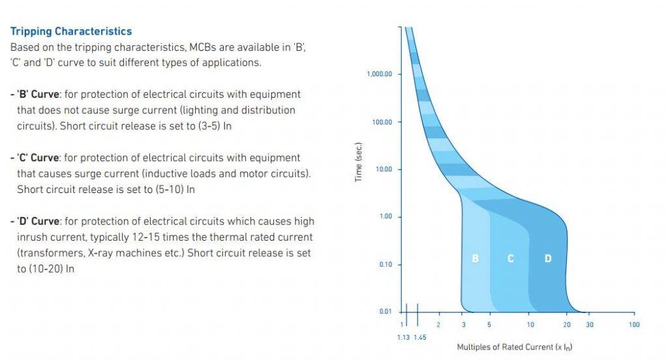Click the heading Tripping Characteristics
coord(71,31)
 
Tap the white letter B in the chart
coord(475,259)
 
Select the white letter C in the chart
coord(511,259)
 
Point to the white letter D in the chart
coord(548,259)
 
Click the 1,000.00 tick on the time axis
coord(380,74)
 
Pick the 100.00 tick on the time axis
coord(382,122)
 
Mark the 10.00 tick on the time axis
coord(383,170)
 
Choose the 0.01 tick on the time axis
coord(385,311)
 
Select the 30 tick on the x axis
coord(589,324)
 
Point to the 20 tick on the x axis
coord(567,324)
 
